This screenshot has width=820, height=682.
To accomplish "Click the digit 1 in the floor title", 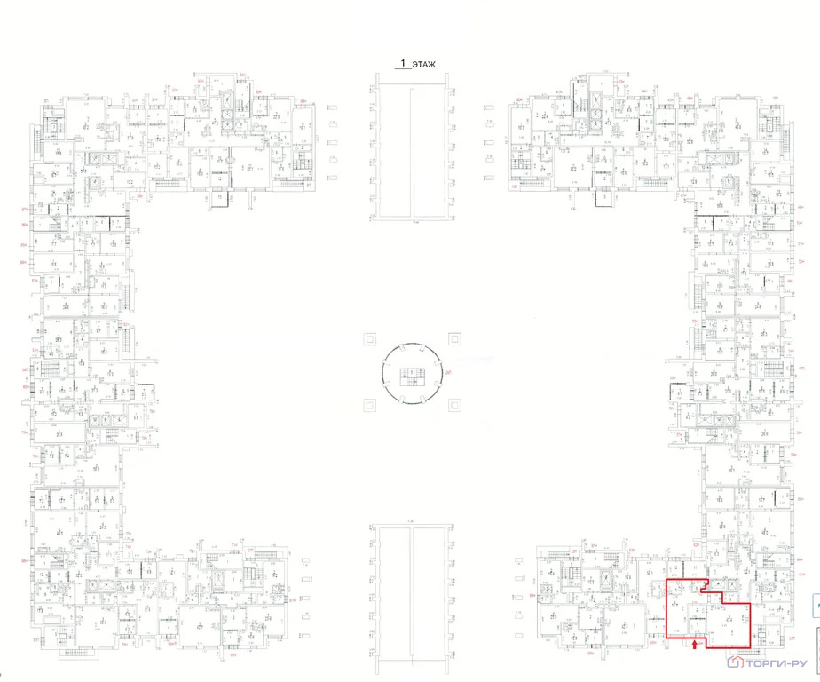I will click(403, 64).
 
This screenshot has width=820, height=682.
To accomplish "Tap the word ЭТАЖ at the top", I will click(423, 64).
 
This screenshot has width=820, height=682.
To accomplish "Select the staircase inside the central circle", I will click(410, 373).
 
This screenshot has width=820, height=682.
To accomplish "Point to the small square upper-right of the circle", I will click(454, 338).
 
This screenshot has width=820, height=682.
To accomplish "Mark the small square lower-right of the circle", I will click(454, 405).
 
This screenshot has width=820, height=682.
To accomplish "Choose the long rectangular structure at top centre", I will click(410, 146).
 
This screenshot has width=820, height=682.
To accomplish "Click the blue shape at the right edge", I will click(816, 607).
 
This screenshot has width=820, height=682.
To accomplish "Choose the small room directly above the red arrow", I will click(696, 613).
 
